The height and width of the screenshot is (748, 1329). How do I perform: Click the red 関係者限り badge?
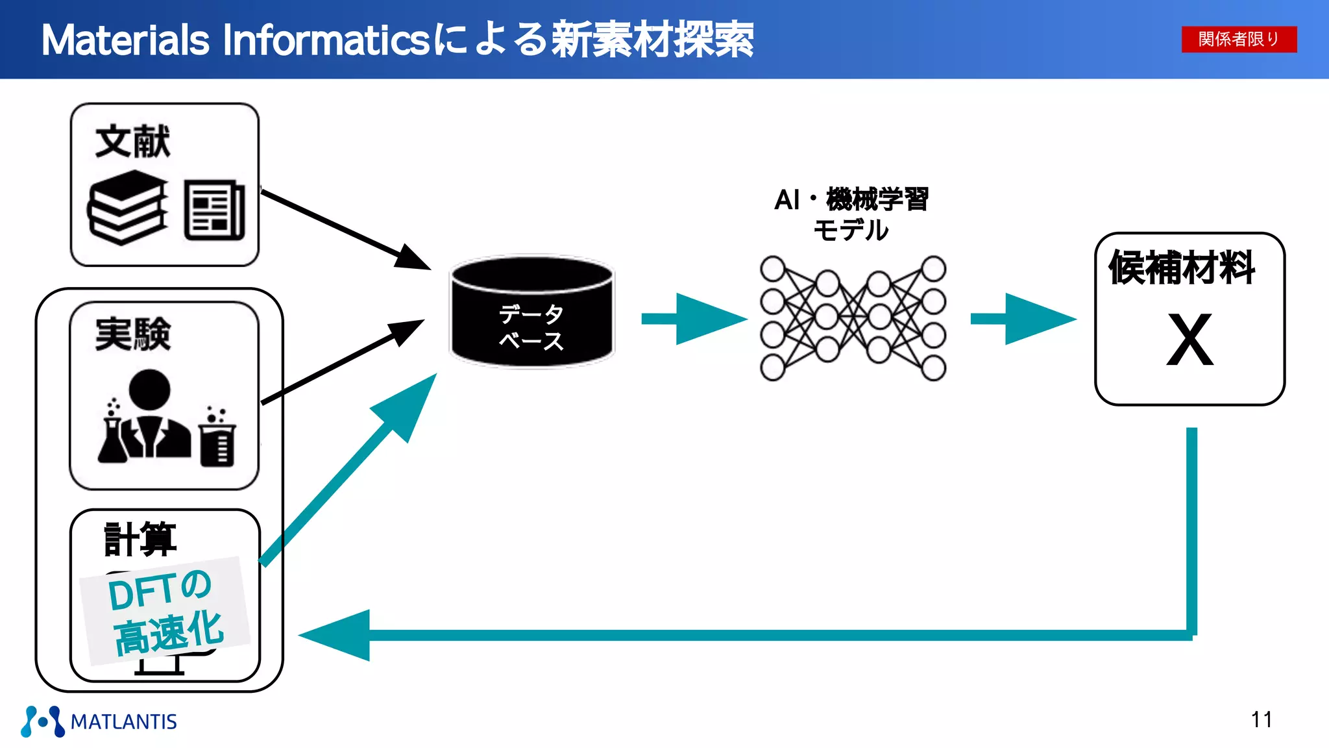click(1238, 39)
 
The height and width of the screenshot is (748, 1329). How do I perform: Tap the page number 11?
click(1261, 719)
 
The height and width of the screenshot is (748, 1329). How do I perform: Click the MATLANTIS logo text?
click(123, 721)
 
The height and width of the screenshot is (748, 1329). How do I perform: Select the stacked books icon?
click(127, 208)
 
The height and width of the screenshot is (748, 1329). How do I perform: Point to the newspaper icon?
click(214, 210)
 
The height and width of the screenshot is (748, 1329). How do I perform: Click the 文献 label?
click(132, 141)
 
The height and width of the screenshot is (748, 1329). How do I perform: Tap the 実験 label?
click(132, 334)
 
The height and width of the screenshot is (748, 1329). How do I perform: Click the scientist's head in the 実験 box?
click(149, 389)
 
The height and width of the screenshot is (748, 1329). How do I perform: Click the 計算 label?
click(140, 538)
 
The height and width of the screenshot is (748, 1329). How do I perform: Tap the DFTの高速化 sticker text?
click(165, 610)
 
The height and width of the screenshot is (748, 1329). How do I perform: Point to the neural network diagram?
click(853, 318)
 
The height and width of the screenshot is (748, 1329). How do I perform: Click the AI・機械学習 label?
click(851, 199)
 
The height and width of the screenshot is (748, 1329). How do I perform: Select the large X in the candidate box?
click(1189, 340)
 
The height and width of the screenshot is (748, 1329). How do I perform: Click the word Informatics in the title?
click(324, 40)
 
